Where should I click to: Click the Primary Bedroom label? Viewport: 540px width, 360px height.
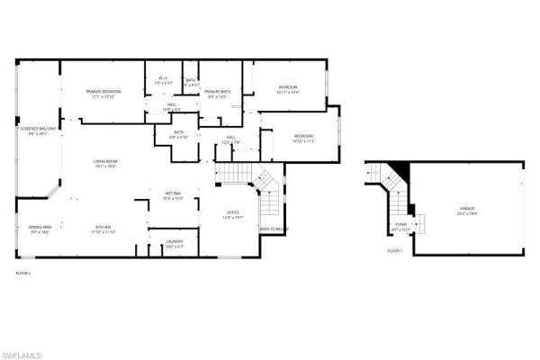click(104, 92)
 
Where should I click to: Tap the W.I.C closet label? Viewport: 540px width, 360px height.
click(163, 78)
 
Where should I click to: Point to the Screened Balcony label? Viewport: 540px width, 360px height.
click(38, 129)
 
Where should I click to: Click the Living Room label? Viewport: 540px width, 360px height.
click(105, 161)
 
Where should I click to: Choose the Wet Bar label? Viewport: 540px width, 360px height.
click(174, 193)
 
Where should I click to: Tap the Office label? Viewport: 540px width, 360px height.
click(234, 212)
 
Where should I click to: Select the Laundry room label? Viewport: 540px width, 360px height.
click(175, 242)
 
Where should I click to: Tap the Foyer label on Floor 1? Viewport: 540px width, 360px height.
click(400, 225)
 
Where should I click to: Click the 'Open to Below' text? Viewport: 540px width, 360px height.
click(274, 229)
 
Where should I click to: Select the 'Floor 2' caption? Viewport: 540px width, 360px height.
click(23, 272)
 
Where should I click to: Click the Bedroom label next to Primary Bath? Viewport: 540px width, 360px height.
click(288, 87)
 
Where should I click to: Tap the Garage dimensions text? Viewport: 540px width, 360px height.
click(466, 213)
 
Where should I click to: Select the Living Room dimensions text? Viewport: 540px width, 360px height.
click(105, 166)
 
